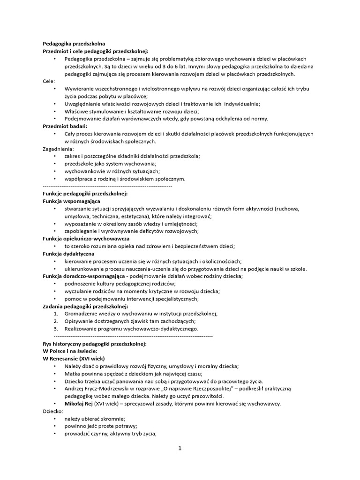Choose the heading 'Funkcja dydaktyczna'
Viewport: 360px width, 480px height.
pos(68,254)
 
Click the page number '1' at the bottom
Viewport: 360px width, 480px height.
pos(180,448)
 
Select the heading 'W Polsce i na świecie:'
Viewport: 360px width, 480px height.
pos(70,351)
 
